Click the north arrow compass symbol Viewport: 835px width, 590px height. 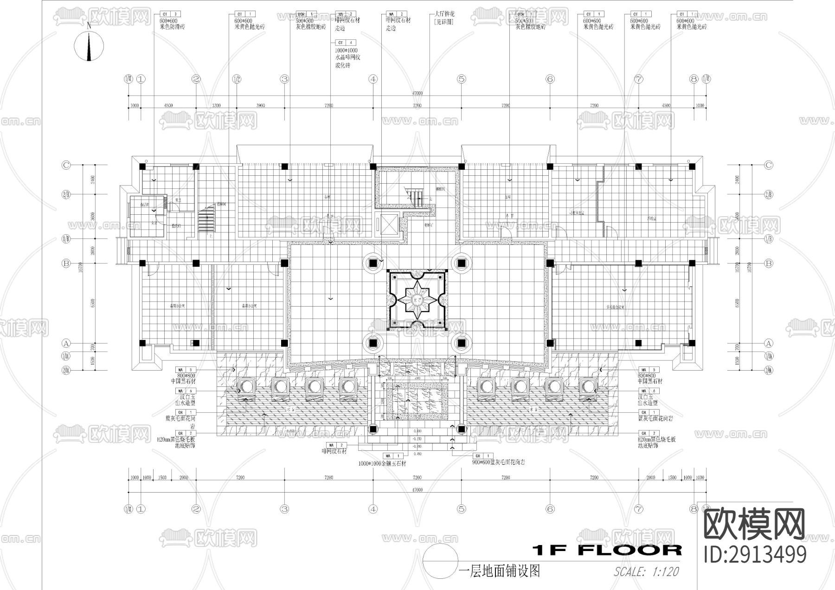[x=89, y=45]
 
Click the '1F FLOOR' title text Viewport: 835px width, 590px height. [x=607, y=550]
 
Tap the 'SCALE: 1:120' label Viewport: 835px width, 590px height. [x=646, y=571]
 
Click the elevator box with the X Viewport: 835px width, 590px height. [x=386, y=225]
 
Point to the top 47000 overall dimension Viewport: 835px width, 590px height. [x=417, y=93]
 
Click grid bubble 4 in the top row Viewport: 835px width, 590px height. [x=373, y=79]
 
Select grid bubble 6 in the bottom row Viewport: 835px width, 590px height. [x=550, y=509]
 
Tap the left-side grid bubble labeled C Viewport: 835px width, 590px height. [x=66, y=165]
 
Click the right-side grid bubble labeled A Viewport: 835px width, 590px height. [x=769, y=344]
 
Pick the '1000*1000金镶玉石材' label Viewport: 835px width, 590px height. [x=382, y=463]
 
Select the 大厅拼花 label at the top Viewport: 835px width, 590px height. [x=444, y=14]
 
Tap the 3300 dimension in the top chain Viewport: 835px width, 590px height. [x=216, y=106]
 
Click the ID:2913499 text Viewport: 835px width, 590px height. [x=755, y=555]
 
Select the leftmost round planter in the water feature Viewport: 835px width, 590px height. [x=245, y=386]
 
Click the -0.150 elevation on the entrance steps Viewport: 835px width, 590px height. [x=417, y=439]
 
